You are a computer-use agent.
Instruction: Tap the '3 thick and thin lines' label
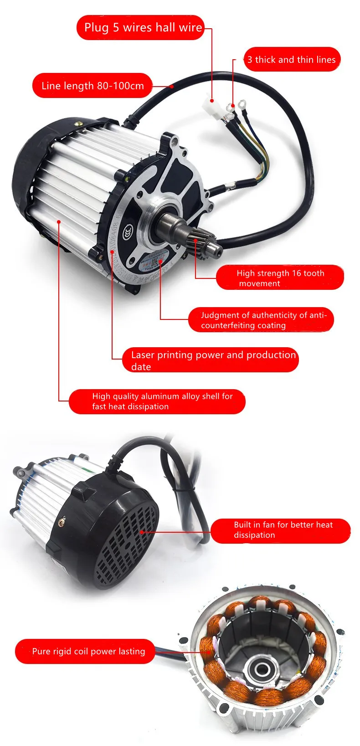coord(292,60)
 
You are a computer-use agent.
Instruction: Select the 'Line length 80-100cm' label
coord(92,86)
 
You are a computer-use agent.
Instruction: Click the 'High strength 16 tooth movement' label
coord(280,278)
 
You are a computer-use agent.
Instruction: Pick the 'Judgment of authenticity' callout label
coord(261,320)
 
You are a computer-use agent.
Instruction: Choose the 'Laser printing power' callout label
coord(211,360)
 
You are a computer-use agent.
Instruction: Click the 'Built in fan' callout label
coord(280,530)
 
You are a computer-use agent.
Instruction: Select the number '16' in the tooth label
coord(297,273)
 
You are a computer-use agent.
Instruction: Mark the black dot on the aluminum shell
coord(59,222)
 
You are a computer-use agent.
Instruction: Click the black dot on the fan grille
coord(142,531)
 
